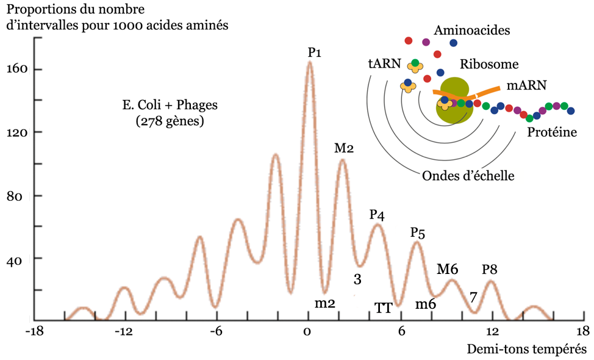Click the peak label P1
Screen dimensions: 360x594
(314, 52)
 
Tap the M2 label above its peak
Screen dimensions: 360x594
(344, 148)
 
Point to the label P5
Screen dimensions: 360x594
(418, 232)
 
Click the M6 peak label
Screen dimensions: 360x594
(447, 268)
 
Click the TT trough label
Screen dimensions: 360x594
(383, 308)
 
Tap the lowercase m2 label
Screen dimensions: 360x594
(325, 303)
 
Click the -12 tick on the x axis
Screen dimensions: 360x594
(124, 331)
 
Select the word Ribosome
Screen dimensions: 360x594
(489, 64)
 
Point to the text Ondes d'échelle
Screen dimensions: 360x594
(468, 176)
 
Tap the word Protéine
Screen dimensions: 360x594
(552, 132)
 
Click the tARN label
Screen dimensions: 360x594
(384, 63)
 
